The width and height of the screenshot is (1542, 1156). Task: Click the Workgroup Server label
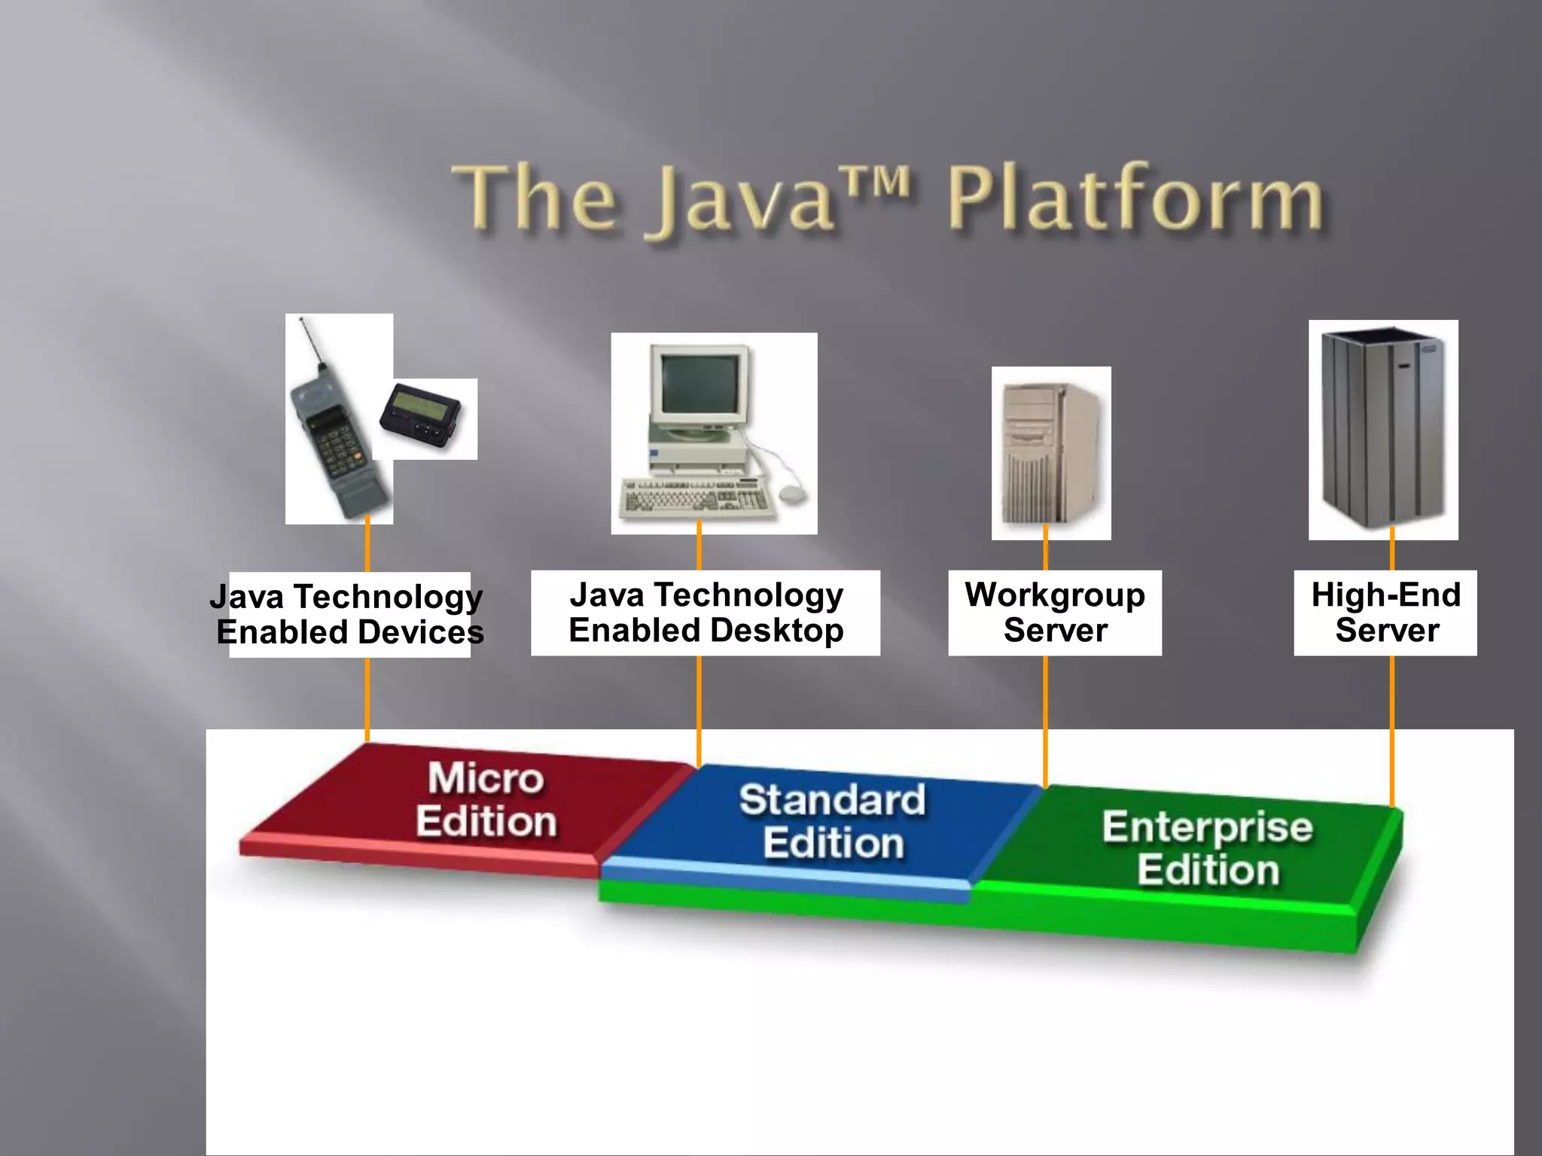tap(1055, 613)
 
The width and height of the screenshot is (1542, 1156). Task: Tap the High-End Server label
tap(1385, 613)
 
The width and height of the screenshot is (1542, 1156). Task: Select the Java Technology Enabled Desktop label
tap(705, 613)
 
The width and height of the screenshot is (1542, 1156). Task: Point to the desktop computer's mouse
tap(790, 493)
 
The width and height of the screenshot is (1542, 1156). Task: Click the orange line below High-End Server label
tap(1391, 730)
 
